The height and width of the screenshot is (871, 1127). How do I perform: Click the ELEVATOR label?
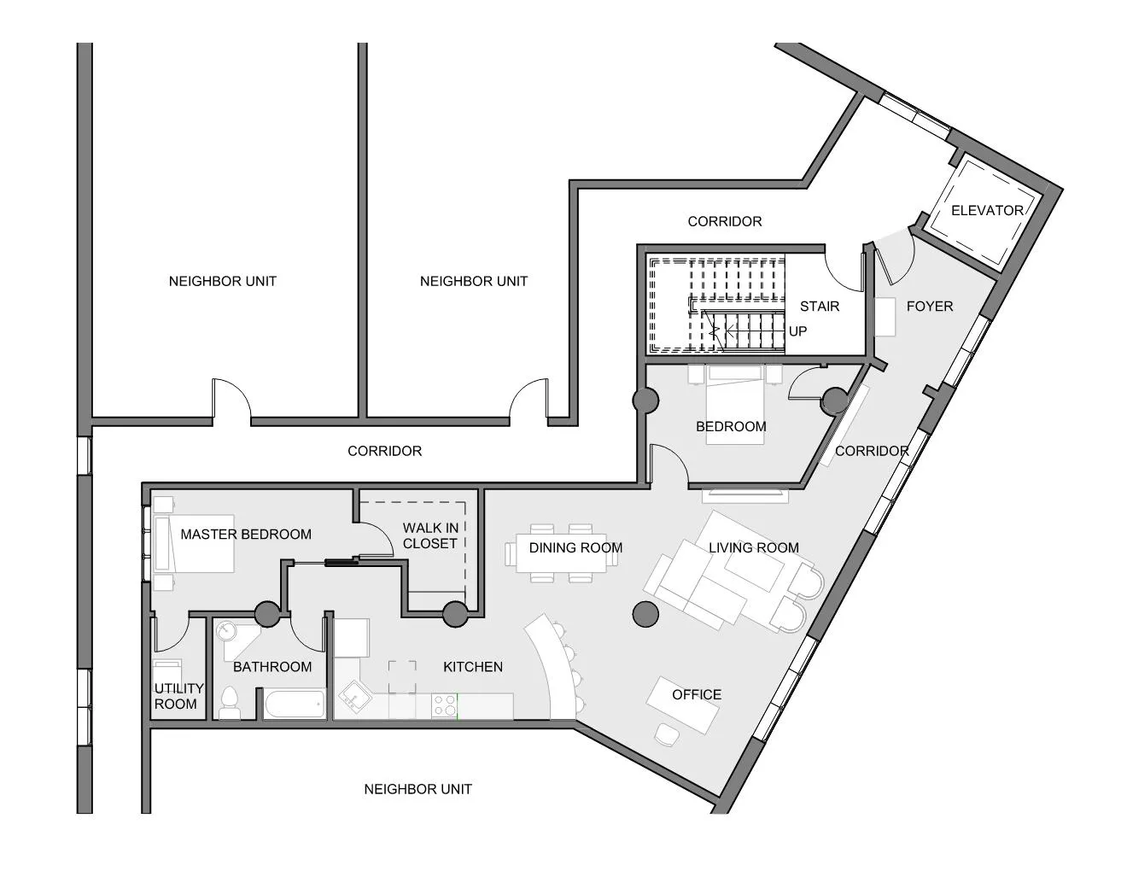(987, 210)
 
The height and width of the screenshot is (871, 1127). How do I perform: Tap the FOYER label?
(929, 306)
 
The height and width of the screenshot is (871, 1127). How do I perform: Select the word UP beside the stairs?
(797, 331)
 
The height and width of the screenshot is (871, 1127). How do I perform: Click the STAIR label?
(819, 306)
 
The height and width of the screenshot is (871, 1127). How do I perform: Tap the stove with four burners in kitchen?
(444, 705)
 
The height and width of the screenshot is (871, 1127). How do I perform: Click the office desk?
(682, 704)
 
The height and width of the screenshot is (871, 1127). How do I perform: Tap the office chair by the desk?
(665, 734)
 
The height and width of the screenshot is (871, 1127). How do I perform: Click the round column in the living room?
(645, 613)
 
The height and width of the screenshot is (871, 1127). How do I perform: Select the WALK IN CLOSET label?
(430, 535)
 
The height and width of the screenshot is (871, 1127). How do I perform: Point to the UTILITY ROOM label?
(178, 696)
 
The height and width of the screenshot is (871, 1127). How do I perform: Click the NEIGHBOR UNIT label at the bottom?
(418, 789)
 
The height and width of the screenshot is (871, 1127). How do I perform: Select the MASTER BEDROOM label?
(246, 535)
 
